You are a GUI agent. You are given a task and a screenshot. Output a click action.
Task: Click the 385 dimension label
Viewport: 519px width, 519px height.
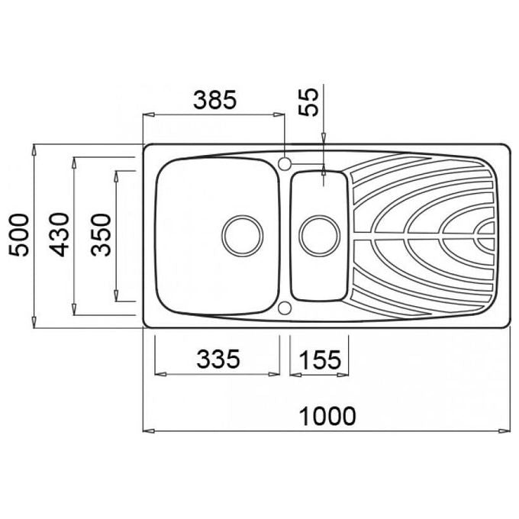(x=215, y=100)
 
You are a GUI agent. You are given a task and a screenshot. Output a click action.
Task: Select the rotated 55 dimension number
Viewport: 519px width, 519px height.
(x=308, y=102)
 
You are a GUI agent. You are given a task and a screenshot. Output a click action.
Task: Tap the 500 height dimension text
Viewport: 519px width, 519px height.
(x=19, y=235)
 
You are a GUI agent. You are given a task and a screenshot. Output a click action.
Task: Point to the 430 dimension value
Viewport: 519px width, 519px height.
(x=60, y=234)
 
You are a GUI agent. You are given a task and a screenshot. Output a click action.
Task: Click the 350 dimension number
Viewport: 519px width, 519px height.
(x=101, y=235)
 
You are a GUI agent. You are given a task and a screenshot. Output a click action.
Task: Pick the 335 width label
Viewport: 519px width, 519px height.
(x=218, y=359)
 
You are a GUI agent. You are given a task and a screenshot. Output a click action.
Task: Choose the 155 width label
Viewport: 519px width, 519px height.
(x=320, y=359)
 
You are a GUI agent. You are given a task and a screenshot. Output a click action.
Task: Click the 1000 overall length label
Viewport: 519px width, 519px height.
(x=327, y=416)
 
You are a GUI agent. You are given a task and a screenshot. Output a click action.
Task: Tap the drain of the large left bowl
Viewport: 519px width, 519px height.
(x=243, y=236)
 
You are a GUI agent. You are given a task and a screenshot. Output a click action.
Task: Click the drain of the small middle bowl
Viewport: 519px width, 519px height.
(x=319, y=236)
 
